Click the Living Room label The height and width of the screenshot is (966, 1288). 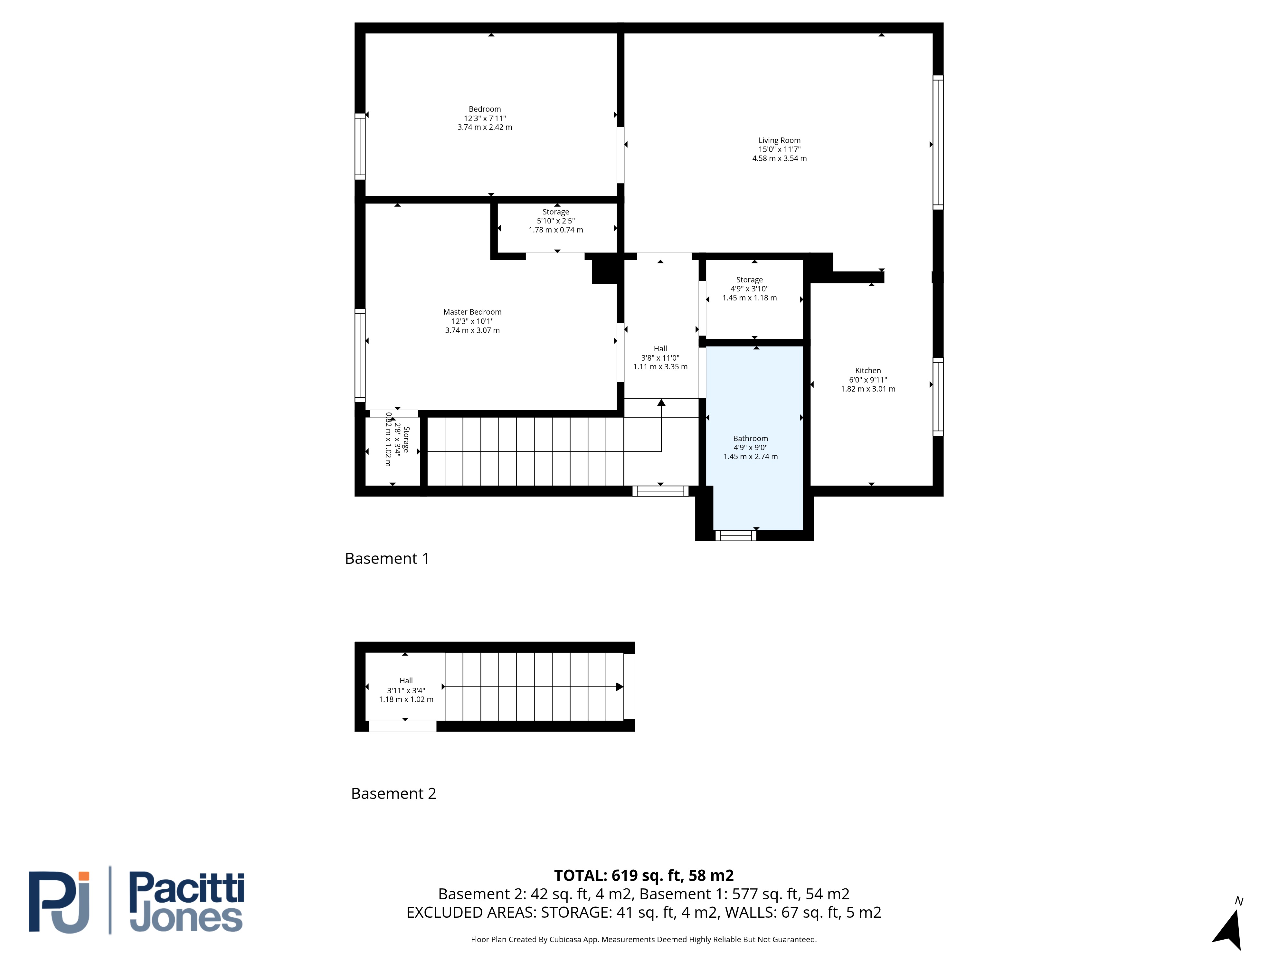pyautogui.click(x=779, y=140)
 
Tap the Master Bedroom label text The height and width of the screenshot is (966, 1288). pyautogui.click(x=472, y=312)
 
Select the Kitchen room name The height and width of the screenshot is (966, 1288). pyautogui.click(x=867, y=370)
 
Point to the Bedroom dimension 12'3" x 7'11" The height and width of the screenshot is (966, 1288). pyautogui.click(x=485, y=118)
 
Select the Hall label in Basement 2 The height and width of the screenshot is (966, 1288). pyautogui.click(x=406, y=681)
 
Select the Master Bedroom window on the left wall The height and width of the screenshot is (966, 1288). pyautogui.click(x=360, y=355)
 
